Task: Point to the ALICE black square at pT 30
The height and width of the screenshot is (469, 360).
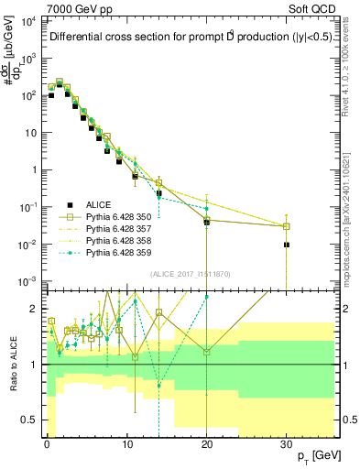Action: tap(287, 245)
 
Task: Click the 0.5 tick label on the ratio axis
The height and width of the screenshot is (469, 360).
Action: tap(30, 421)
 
